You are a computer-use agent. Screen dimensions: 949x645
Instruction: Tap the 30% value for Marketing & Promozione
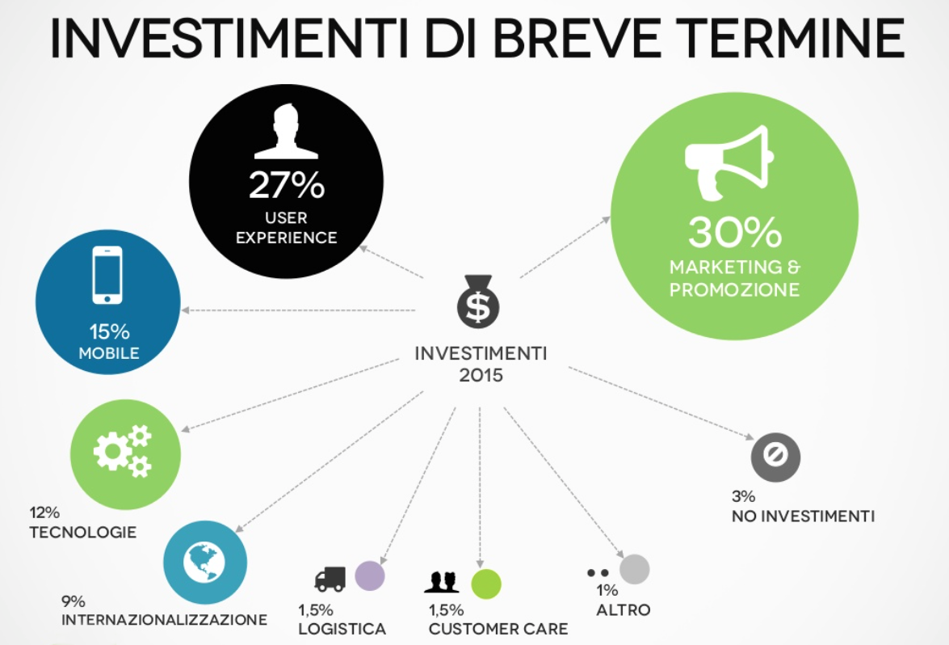pyautogui.click(x=735, y=232)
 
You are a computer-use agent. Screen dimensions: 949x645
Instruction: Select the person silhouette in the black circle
pyautogui.click(x=286, y=131)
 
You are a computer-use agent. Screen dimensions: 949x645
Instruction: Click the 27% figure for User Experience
pyautogui.click(x=286, y=185)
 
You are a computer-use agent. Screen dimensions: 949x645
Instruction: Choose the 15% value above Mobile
pyautogui.click(x=110, y=331)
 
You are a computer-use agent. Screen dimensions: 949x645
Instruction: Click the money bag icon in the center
pyautogui.click(x=478, y=301)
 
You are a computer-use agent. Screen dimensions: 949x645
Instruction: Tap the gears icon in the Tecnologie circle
pyautogui.click(x=123, y=450)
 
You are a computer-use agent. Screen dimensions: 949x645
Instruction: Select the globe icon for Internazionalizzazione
pyautogui.click(x=204, y=562)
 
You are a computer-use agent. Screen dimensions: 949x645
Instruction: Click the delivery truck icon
pyautogui.click(x=330, y=579)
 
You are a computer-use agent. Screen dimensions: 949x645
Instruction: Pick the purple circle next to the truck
pyautogui.click(x=370, y=575)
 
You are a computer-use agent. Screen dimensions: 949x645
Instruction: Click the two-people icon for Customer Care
pyautogui.click(x=442, y=582)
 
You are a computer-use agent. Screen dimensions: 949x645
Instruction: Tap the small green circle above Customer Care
pyautogui.click(x=486, y=584)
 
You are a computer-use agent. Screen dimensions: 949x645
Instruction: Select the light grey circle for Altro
pyautogui.click(x=634, y=569)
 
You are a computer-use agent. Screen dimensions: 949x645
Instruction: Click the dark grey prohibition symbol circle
pyautogui.click(x=775, y=457)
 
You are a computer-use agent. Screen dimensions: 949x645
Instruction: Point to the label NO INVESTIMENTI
pyautogui.click(x=803, y=516)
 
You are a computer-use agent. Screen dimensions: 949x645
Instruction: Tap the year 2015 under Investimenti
pyautogui.click(x=481, y=376)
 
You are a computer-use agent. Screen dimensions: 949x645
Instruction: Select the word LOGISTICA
pyautogui.click(x=342, y=630)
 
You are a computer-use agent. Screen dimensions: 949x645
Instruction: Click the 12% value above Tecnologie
pyautogui.click(x=44, y=512)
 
